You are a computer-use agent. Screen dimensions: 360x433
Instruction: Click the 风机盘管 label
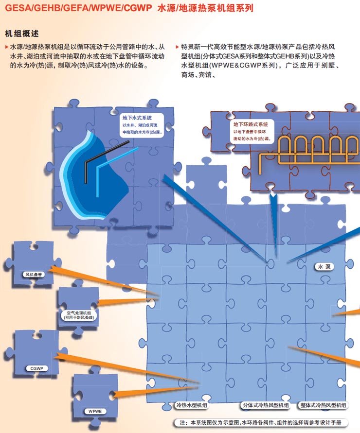34,275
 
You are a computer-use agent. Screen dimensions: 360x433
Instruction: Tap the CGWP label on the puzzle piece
37,368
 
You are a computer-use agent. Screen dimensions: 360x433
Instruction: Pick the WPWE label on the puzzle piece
95,411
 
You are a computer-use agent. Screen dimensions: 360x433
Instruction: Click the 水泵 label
324,267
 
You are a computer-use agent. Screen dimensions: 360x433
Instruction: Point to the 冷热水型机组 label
192,405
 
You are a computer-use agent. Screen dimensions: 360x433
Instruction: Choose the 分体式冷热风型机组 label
266,405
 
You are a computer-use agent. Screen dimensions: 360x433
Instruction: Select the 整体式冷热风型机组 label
323,405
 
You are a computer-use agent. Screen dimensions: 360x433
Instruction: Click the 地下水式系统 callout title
137,118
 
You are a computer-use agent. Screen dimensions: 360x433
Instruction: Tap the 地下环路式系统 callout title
251,124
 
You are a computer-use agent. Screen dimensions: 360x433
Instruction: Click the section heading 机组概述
22,34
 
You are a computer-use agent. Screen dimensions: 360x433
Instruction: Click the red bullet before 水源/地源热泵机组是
7,47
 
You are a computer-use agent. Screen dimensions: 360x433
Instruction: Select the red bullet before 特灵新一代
177,47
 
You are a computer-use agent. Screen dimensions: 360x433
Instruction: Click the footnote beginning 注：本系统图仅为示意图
260,422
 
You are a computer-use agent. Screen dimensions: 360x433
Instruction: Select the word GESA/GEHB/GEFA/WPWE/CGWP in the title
78,8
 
